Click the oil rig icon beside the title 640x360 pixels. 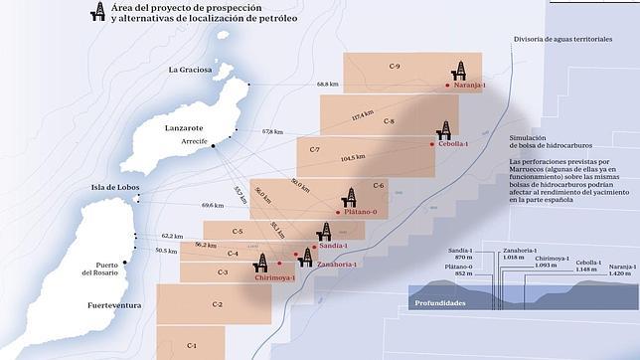tap(97, 12)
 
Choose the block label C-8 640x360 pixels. tap(388, 121)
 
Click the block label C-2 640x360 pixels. tap(218, 303)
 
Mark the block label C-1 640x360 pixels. tap(192, 345)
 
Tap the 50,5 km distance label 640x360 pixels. tap(166, 251)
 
